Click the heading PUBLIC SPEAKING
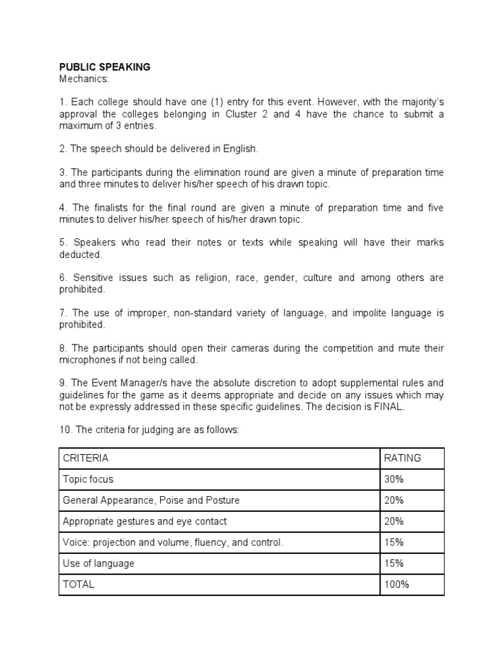pyautogui.click(x=105, y=67)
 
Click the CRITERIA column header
pyautogui.click(x=85, y=458)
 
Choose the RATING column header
pyautogui.click(x=403, y=458)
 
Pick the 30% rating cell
pyautogui.click(x=394, y=479)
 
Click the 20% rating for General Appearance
pyautogui.click(x=394, y=500)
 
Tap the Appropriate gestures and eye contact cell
pyautogui.click(x=144, y=521)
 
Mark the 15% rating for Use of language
pyautogui.click(x=394, y=563)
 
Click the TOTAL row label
pyautogui.click(x=78, y=584)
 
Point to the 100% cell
pyautogui.click(x=396, y=584)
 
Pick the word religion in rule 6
pyautogui.click(x=212, y=278)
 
